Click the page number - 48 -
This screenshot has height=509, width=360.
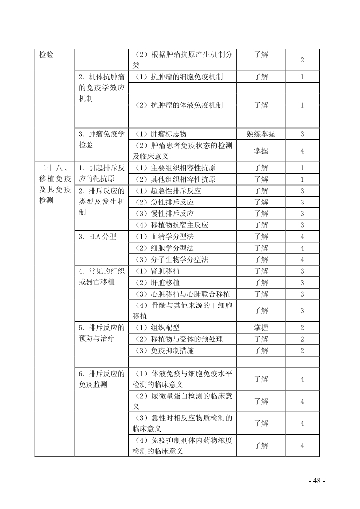tap(317, 481)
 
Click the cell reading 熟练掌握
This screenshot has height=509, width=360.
tap(261, 134)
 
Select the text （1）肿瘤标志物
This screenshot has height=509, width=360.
tap(161, 134)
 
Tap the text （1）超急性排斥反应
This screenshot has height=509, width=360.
tap(168, 191)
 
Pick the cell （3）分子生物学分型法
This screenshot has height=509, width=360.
tap(172, 260)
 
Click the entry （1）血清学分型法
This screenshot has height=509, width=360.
tap(165, 237)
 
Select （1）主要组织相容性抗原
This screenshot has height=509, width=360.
tap(175, 168)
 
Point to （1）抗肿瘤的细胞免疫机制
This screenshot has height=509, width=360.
tap(179, 77)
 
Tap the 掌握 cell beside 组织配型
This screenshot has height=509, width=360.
tap(261, 328)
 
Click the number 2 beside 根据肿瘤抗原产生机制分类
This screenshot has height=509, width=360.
tap(302, 60)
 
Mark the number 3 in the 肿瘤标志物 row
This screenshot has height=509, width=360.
tap(302, 134)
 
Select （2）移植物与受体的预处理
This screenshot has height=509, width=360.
tap(179, 339)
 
